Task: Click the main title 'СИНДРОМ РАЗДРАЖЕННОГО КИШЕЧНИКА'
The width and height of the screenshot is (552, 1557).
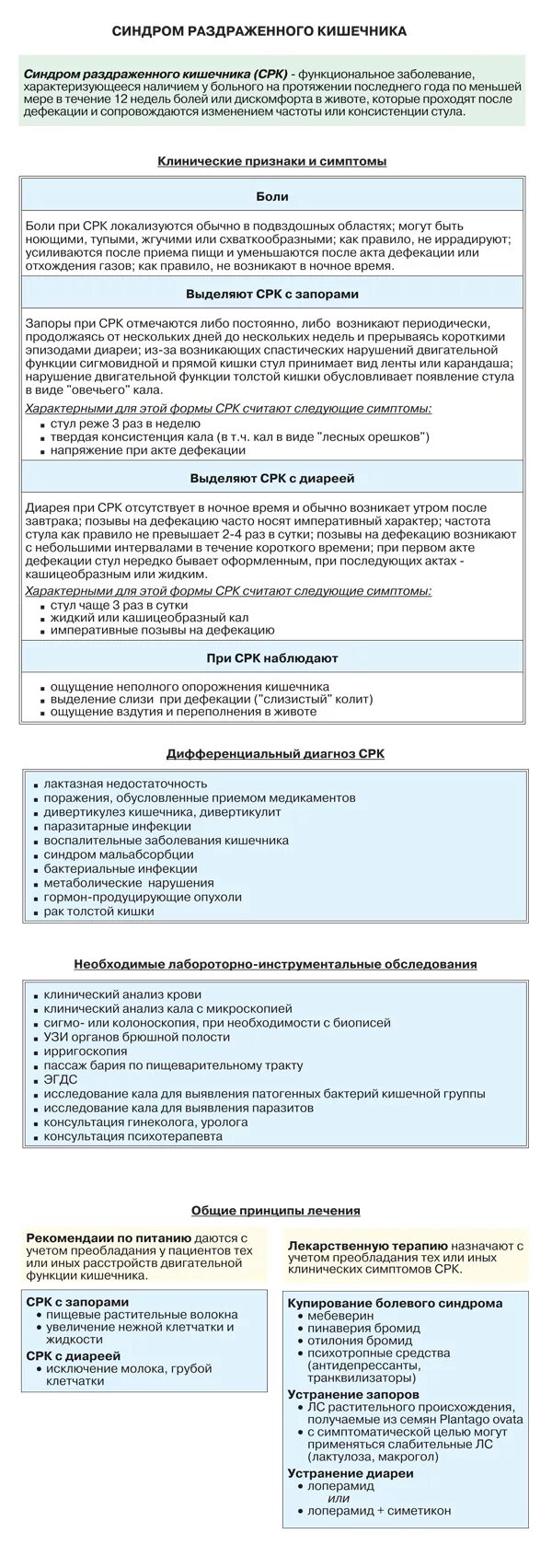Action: tap(259, 31)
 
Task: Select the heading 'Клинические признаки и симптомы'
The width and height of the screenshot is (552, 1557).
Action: tap(271, 161)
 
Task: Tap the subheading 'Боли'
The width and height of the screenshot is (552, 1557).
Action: tap(271, 197)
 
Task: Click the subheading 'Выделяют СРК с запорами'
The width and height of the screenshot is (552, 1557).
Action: tap(271, 295)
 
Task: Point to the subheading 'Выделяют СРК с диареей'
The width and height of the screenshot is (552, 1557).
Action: tap(271, 479)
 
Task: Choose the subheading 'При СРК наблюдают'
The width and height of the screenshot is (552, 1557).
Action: tap(271, 658)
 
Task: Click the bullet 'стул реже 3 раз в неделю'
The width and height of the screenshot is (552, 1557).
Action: tap(125, 423)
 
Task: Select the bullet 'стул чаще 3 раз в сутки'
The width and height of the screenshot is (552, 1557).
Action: tap(119, 605)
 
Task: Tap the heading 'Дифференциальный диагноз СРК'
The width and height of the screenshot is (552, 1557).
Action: tap(275, 753)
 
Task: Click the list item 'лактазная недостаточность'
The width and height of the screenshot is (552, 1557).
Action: tap(125, 784)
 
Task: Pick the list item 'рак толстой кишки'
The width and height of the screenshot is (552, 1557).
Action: tap(98, 911)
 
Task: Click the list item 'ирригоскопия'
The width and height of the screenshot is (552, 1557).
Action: tap(86, 1052)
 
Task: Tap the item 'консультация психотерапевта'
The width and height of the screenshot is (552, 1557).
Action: tap(132, 1136)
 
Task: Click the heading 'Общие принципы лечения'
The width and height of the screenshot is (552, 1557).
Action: tap(275, 1211)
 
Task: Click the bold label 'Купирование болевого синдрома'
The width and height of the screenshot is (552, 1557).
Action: tap(395, 1303)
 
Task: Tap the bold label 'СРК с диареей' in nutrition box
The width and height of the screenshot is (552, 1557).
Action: tap(73, 1356)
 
